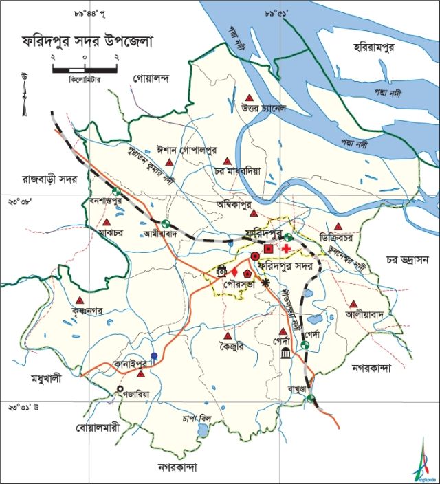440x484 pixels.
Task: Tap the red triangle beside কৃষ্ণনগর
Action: [80, 300]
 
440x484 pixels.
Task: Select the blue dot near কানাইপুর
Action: [154, 356]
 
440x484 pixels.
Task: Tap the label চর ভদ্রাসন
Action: [407, 260]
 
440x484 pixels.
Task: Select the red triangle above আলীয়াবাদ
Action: [353, 304]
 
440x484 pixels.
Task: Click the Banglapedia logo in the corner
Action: [423, 461]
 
